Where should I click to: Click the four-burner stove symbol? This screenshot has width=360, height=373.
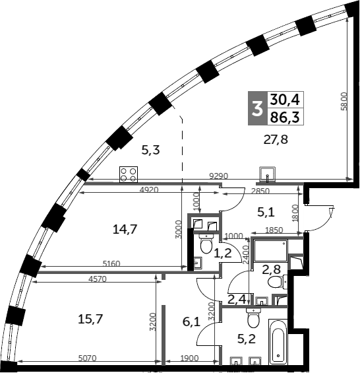point(128,174)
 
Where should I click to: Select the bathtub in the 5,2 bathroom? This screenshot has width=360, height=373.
point(278,342)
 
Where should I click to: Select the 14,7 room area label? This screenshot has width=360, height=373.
point(125,230)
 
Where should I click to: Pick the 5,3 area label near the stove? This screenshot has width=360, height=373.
point(151,150)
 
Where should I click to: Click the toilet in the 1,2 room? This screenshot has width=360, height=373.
point(205,248)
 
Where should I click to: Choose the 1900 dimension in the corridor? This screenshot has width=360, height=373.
point(191,358)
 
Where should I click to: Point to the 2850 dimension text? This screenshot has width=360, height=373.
point(261,191)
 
